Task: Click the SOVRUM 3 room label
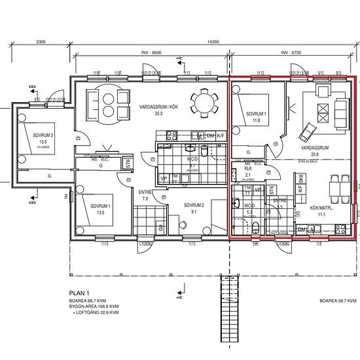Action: (x=43, y=136)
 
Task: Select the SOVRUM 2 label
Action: (x=194, y=206)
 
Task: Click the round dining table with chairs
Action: (x=202, y=103)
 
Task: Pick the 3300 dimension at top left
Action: (x=40, y=41)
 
